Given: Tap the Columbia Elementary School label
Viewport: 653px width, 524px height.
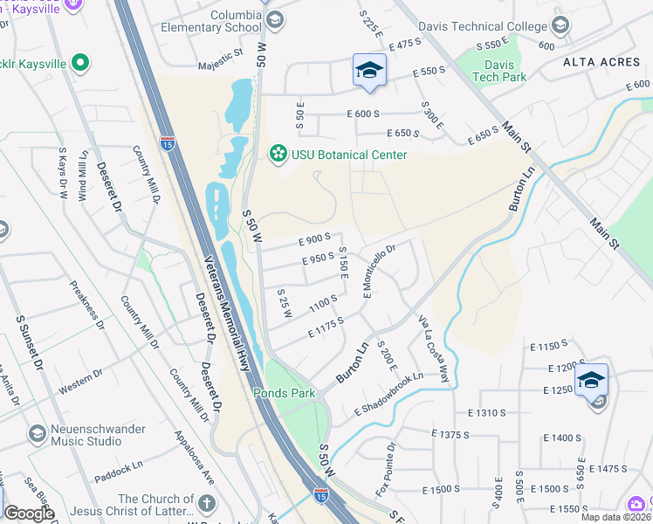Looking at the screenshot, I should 210,22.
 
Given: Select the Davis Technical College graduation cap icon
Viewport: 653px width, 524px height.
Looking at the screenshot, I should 558,25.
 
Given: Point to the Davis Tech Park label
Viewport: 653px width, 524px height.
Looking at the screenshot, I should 499,71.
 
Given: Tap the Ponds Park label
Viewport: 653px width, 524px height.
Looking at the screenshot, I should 284,393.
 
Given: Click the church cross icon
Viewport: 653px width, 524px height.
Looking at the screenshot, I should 206,503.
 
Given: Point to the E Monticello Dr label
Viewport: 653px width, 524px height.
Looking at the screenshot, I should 380,281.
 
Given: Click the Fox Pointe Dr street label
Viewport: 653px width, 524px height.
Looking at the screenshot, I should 385,469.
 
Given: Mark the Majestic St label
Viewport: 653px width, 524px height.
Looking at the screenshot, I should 220,58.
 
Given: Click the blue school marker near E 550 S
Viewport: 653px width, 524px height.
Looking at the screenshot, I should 369,71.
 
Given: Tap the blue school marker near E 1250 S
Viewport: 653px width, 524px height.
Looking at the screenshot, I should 591,380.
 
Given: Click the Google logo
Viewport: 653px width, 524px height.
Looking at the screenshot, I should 29,514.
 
